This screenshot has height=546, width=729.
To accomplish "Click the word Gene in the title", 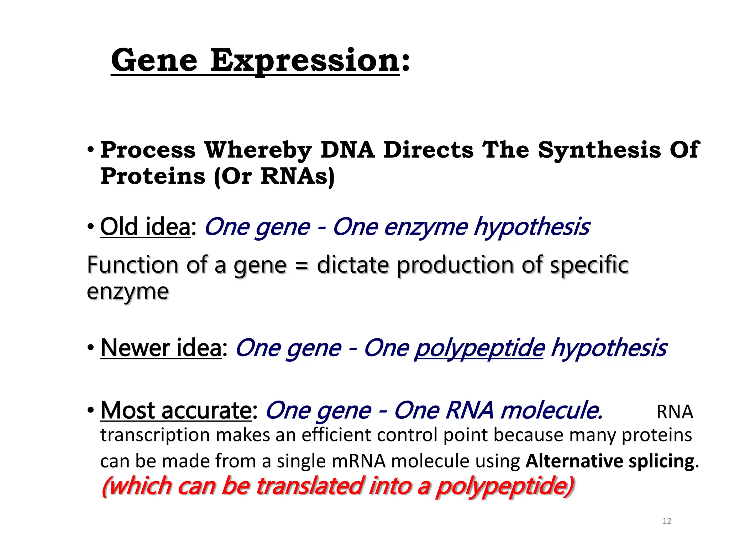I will click(154, 60).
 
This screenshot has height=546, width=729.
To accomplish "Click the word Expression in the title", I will click(305, 60).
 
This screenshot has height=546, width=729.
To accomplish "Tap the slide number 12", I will click(667, 521).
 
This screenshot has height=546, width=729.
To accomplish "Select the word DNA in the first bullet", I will click(347, 150).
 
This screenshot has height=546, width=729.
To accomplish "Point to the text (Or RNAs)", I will click(274, 176).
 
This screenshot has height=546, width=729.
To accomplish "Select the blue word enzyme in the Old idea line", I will click(425, 227).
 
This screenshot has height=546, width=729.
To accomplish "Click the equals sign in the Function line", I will click(301, 266).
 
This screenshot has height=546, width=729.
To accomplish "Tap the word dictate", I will click(353, 265).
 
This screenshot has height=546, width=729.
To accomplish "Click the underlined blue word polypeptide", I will click(479, 348).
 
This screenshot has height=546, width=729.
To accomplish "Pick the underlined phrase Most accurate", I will click(176, 410).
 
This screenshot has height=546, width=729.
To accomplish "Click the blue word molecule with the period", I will click(551, 410).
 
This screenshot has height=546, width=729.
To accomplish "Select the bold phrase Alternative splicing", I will click(610, 461).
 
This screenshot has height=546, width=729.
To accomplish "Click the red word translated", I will click(310, 486).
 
